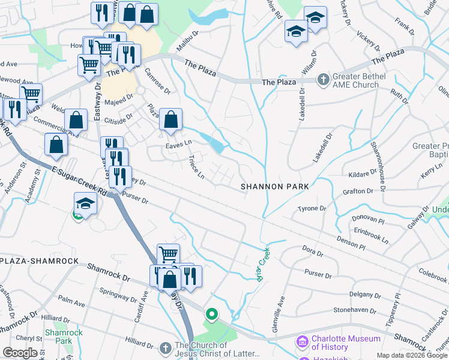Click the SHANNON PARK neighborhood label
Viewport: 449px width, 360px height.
pyautogui.click(x=275, y=187)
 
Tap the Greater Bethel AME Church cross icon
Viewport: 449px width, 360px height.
pyautogui.click(x=323, y=79)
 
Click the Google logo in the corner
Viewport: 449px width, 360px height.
pyautogui.click(x=20, y=353)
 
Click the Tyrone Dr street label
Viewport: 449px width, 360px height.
pyautogui.click(x=312, y=209)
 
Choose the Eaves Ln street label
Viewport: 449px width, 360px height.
pyautogui.click(x=178, y=143)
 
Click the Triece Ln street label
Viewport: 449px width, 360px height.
pyautogui.click(x=196, y=167)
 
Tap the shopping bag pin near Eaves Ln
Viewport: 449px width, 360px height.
pyautogui.click(x=172, y=119)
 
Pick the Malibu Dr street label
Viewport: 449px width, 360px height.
pyautogui.click(x=188, y=40)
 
